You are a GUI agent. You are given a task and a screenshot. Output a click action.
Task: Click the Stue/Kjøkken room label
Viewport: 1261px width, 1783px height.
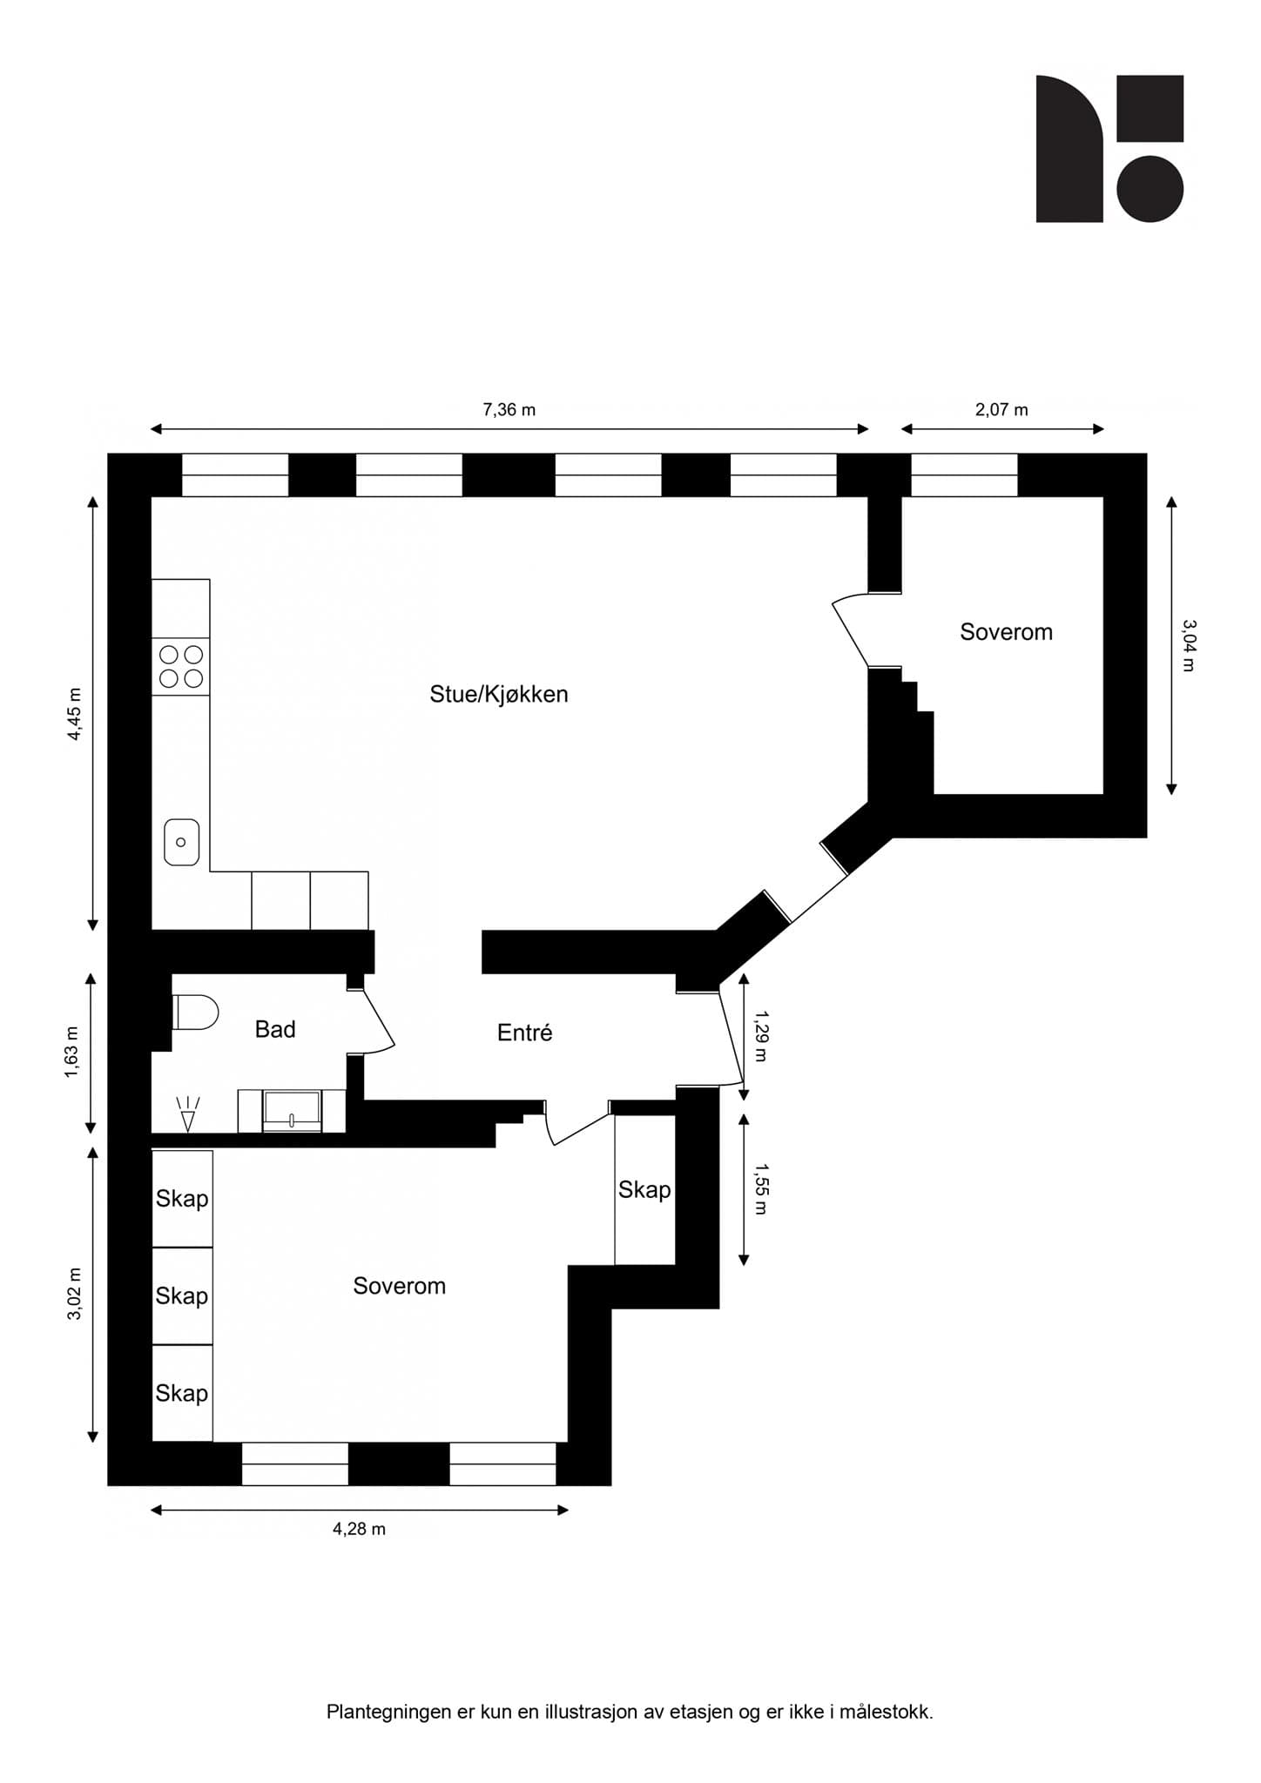498,694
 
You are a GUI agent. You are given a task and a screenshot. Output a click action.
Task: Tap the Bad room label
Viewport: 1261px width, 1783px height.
275,1029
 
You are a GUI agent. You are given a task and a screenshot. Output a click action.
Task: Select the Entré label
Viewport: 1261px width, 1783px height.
524,1033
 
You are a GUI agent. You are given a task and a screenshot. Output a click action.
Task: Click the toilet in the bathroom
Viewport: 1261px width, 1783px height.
196,1012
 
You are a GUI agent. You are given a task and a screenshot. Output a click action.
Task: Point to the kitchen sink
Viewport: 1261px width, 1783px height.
181,842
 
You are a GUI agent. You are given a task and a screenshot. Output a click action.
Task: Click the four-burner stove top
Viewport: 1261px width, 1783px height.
181,666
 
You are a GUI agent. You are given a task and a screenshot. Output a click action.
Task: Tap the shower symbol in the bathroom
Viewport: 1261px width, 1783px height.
188,1114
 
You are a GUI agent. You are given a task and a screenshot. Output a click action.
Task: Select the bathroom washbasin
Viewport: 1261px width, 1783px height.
292,1112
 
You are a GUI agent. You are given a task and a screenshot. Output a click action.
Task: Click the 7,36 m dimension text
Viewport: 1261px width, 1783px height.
509,409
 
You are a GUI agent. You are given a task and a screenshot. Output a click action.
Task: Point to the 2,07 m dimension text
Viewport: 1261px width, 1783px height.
1001,409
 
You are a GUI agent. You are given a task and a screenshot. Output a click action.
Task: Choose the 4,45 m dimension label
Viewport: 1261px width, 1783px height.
75,714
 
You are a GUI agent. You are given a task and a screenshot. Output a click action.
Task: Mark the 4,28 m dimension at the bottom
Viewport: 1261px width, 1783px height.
359,1529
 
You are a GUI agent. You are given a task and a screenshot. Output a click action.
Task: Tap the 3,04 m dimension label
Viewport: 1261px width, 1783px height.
1189,645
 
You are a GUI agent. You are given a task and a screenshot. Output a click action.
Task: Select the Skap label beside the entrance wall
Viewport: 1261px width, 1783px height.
644,1189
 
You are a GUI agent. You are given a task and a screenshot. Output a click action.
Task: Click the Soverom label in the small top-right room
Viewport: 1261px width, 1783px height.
1006,632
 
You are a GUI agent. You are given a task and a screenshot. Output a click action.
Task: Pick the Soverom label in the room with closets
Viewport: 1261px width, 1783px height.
399,1286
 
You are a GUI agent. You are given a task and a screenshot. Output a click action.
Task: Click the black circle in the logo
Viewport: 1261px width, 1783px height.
1150,189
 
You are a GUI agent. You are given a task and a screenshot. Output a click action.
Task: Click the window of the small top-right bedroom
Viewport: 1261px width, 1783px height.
964,474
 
